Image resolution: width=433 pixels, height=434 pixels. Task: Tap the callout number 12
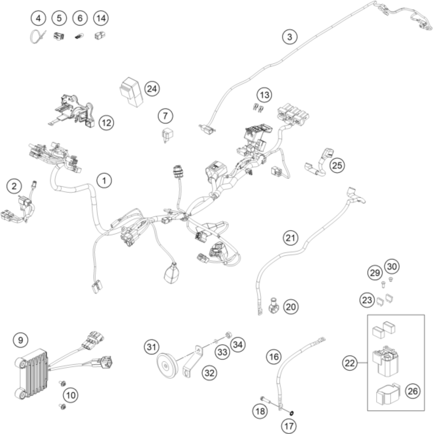(106, 123)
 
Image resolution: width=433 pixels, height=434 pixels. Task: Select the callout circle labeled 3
(290, 37)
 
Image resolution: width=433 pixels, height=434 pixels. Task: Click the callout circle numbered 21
(291, 238)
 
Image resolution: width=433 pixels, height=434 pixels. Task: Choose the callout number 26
(413, 391)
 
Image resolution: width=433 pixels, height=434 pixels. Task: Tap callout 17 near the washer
(289, 426)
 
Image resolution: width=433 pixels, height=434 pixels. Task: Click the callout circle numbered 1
(104, 181)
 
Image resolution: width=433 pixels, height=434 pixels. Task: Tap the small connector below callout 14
(100, 36)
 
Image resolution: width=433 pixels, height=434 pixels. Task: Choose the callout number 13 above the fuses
(264, 95)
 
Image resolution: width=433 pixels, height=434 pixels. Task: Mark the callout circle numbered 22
(349, 363)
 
